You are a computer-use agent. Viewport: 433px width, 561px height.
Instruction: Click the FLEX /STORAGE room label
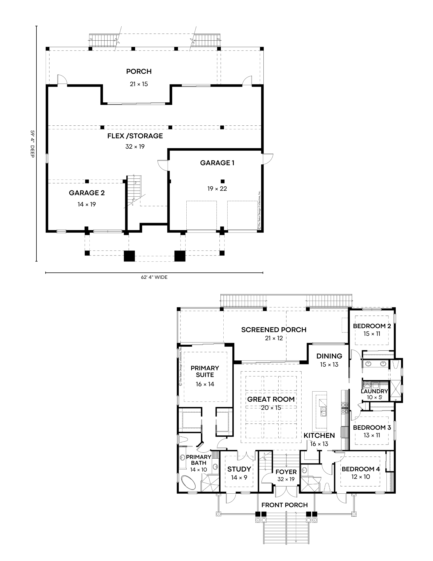pyautogui.click(x=135, y=136)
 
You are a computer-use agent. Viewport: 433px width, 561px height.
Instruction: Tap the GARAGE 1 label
pyautogui.click(x=217, y=163)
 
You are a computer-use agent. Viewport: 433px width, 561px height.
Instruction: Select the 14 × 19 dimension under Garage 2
pyautogui.click(x=87, y=204)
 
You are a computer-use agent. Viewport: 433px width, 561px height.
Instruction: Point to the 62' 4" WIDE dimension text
pyautogui.click(x=154, y=277)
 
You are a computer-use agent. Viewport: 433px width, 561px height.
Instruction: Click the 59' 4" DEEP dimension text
pyautogui.click(x=32, y=143)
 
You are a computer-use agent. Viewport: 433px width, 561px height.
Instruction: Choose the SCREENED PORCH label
pyautogui.click(x=274, y=330)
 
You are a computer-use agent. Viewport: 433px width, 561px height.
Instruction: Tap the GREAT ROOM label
pyautogui.click(x=271, y=399)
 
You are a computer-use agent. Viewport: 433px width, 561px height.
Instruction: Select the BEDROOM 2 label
pyautogui.click(x=372, y=326)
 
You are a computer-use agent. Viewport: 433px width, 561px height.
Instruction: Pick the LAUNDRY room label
pyautogui.click(x=374, y=391)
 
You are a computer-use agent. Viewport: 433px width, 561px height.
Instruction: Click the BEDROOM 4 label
pyautogui.click(x=360, y=469)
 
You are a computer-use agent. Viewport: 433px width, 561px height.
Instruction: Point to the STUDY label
pyautogui.click(x=239, y=469)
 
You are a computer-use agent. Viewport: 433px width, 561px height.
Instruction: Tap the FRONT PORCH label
pyautogui.click(x=284, y=505)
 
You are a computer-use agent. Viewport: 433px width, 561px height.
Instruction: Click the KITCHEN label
pyautogui.click(x=319, y=436)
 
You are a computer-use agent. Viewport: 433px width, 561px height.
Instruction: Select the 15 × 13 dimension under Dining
pyautogui.click(x=329, y=365)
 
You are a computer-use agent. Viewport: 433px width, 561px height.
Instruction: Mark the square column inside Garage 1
pyautogui.click(x=223, y=181)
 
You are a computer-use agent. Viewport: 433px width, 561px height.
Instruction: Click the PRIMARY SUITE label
pyautogui.click(x=205, y=371)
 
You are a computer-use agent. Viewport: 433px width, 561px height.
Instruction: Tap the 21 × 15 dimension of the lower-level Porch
pyautogui.click(x=139, y=84)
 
